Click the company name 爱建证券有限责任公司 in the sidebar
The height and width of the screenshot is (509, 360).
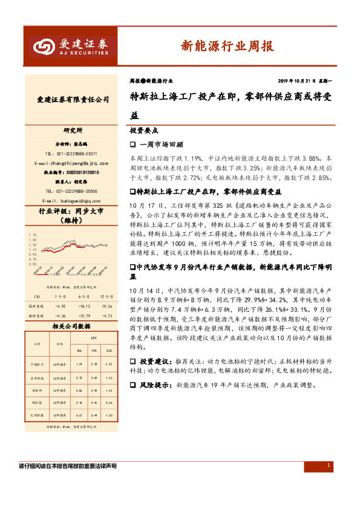click(x=73, y=100)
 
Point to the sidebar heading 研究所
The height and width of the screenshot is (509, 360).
click(x=73, y=131)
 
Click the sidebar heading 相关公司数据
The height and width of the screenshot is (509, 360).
click(x=71, y=326)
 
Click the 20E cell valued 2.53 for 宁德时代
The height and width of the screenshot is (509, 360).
click(x=109, y=364)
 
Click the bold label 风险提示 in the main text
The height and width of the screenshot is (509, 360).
click(x=154, y=384)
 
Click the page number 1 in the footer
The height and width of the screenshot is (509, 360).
click(x=329, y=465)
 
